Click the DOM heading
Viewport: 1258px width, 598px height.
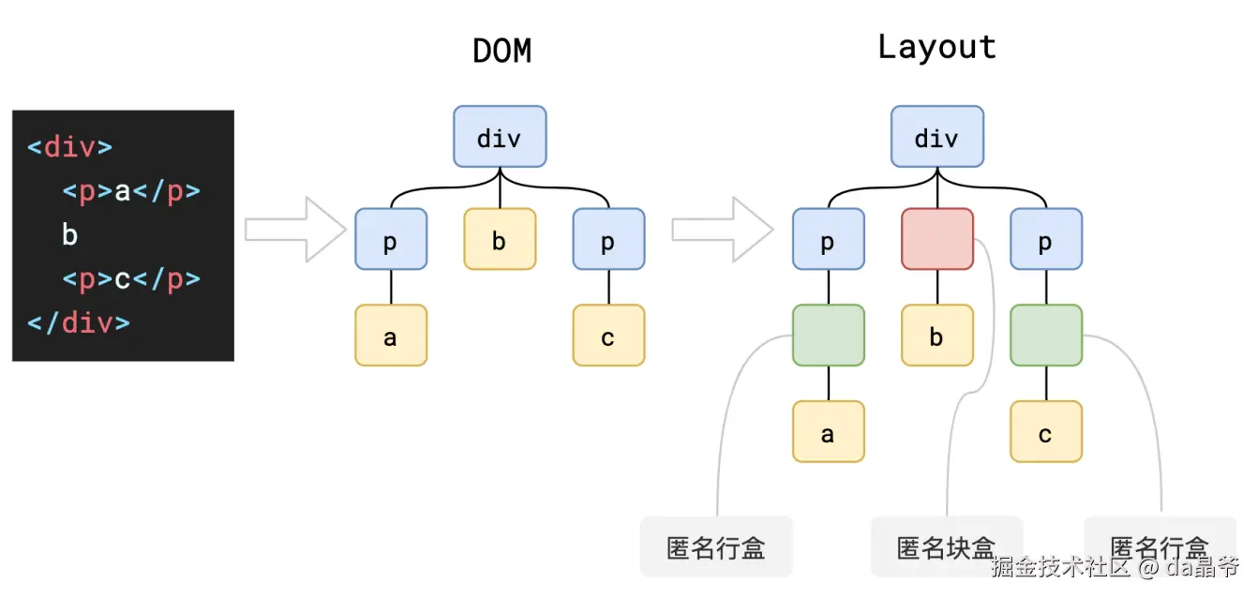point(502,51)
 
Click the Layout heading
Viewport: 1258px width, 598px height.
point(936,47)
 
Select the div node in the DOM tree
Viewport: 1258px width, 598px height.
point(500,137)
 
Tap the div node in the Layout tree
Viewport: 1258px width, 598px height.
point(937,137)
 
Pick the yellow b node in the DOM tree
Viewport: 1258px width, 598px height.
point(500,239)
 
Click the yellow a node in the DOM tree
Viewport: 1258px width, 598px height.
point(391,336)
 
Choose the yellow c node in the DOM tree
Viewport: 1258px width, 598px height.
point(608,336)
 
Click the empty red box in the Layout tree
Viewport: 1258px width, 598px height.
point(937,239)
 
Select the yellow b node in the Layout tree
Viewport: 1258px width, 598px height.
point(937,336)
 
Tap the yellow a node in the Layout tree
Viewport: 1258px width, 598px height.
point(829,431)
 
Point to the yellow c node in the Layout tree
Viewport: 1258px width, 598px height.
point(1046,431)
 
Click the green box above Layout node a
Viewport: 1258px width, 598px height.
point(829,336)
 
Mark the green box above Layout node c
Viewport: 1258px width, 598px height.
point(1046,336)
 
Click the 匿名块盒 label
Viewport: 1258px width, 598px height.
point(946,547)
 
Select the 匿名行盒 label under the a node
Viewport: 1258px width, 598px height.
point(716,547)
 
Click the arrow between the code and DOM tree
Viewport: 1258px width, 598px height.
point(296,229)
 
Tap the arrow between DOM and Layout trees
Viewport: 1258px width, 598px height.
point(723,229)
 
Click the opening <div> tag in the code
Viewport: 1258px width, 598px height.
point(70,147)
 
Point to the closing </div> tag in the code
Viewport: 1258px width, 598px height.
point(79,322)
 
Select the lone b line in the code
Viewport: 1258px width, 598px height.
point(69,234)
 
